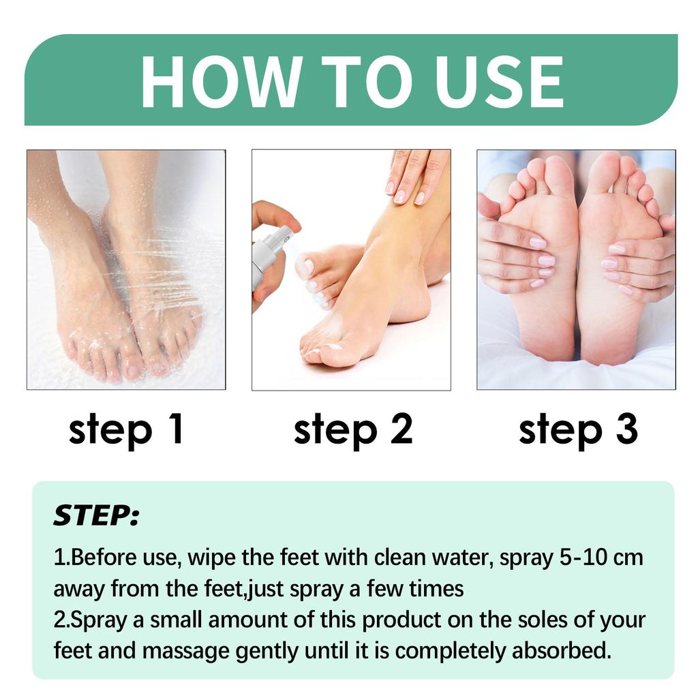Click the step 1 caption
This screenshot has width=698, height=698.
click(126, 429)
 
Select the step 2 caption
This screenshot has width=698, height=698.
click(352, 429)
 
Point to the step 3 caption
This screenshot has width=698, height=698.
click(578, 429)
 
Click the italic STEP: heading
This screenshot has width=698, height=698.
click(96, 516)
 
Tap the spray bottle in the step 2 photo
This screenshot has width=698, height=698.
click(267, 256)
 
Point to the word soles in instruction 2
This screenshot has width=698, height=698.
click(527, 620)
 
